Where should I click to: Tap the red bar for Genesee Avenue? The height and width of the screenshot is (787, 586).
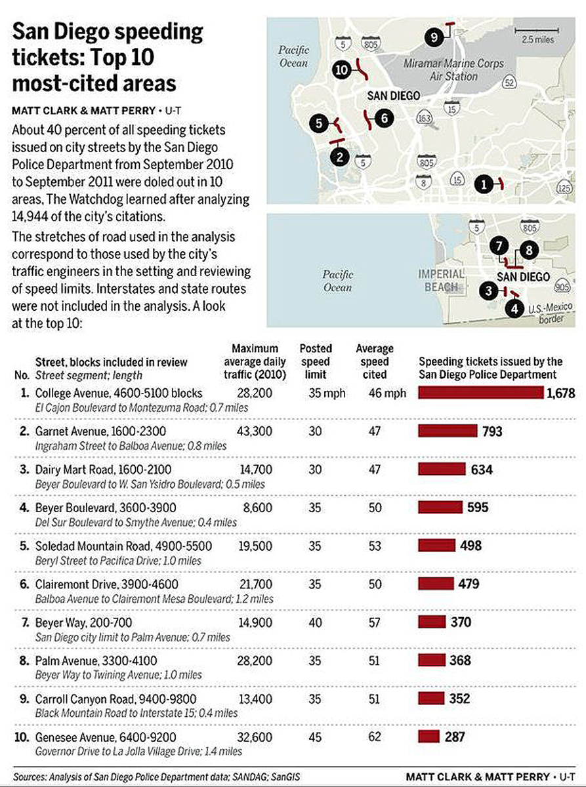click(x=429, y=737)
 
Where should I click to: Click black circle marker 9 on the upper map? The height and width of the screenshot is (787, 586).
click(x=433, y=37)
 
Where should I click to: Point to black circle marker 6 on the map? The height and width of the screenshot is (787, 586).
click(x=384, y=118)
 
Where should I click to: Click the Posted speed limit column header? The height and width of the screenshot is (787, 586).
click(x=316, y=361)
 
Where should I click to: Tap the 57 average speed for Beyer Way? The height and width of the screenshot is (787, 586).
click(x=375, y=622)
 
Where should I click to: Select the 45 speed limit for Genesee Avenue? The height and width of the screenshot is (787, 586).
click(x=316, y=737)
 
